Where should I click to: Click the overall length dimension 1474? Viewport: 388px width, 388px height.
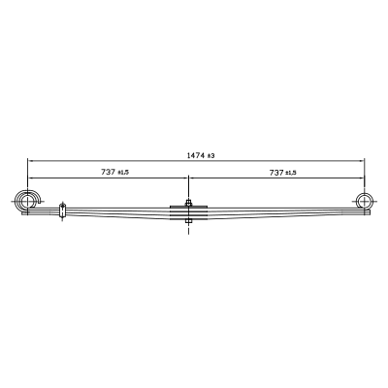pos(196,155)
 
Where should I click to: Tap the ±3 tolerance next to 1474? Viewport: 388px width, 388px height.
pos(210,156)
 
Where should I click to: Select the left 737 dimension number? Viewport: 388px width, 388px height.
pos(108,172)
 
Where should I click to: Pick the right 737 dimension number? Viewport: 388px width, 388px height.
pos(276,173)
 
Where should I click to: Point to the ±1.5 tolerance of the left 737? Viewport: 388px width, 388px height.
pos(123,173)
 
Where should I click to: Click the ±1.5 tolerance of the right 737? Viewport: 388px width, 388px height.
pos(291,173)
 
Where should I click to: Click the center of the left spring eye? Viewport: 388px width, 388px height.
pos(28,202)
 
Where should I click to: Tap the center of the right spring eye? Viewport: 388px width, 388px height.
pos(365,202)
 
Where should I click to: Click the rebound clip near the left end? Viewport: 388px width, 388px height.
pos(62,210)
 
